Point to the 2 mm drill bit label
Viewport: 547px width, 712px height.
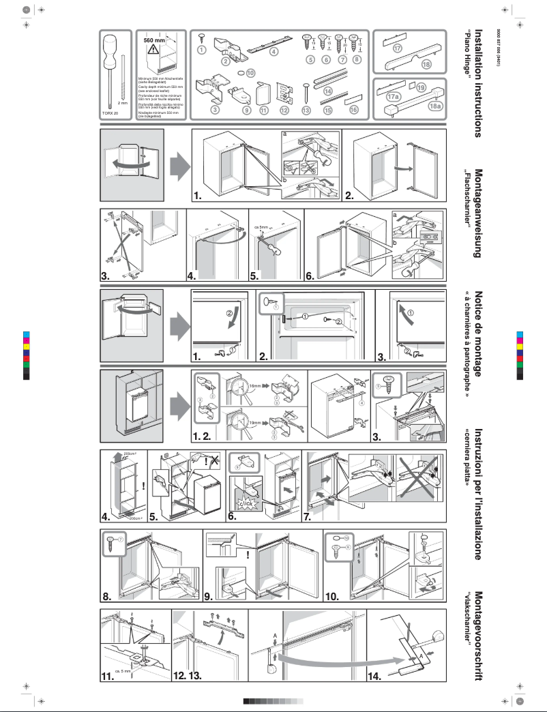click(x=123, y=104)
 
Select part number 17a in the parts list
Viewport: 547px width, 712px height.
click(x=394, y=98)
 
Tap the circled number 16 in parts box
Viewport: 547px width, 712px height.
click(x=353, y=109)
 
